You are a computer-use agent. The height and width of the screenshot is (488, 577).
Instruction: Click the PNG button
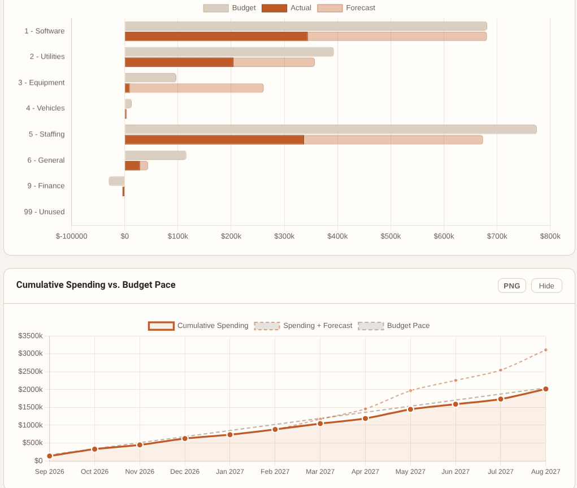tap(511, 286)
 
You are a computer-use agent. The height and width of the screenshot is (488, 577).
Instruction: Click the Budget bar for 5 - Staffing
tap(330, 129)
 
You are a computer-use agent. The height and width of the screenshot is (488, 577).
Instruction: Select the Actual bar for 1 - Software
tap(216, 36)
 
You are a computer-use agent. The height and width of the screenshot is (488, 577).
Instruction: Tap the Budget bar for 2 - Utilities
tap(229, 52)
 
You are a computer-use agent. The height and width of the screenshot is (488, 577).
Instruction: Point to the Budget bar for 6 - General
tap(155, 156)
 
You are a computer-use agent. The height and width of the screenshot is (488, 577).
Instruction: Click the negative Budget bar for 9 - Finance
tap(117, 181)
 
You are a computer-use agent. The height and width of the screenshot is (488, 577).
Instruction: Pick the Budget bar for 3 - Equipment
tap(150, 77)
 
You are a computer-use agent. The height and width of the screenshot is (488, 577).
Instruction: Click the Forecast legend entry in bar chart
tap(346, 8)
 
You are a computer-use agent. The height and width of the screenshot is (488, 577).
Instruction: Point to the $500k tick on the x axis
tap(391, 236)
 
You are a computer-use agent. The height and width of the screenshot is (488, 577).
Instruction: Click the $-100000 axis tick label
tap(72, 236)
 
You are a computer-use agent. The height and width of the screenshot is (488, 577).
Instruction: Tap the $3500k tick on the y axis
tap(31, 336)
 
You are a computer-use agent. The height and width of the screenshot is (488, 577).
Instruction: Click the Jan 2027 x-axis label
tap(230, 472)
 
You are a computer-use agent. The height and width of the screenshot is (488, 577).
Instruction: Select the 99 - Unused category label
tap(44, 212)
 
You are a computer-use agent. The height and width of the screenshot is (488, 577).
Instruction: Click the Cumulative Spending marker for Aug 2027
tap(545, 389)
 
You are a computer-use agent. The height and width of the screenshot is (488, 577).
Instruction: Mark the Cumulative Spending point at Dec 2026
tap(185, 438)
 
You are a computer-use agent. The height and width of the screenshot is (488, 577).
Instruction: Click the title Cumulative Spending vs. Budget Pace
tap(96, 285)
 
